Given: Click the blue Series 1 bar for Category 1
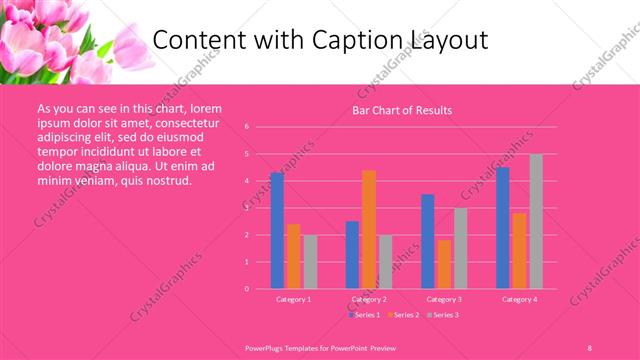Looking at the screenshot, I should click(x=277, y=230).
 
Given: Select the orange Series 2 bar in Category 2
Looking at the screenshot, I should click(x=369, y=229).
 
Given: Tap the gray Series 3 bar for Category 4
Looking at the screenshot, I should click(x=536, y=221).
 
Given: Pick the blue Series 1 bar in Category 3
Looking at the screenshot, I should click(x=428, y=241).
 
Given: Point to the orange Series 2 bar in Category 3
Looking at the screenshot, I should click(x=444, y=264).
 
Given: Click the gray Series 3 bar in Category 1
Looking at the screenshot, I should click(x=310, y=261).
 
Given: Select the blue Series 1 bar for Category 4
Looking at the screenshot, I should click(x=503, y=227).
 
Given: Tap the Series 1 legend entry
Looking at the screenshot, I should click(x=363, y=314).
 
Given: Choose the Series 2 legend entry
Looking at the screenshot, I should click(x=403, y=314).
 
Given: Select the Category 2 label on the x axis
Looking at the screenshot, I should click(x=369, y=299).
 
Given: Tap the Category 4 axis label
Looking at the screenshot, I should click(x=519, y=299).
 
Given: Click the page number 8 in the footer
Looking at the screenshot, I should click(x=589, y=346).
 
